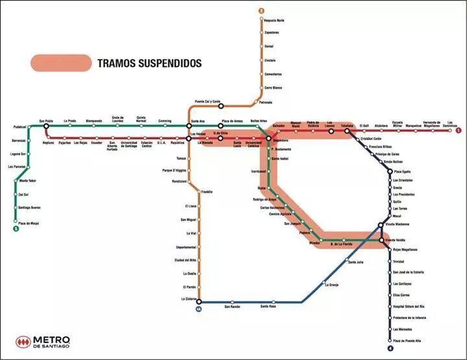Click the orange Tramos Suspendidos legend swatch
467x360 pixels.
click(61, 63)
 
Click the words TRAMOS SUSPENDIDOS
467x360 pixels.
click(149, 64)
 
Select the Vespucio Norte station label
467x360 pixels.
click(274, 21)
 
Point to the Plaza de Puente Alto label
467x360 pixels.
click(407, 341)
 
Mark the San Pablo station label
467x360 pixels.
click(45, 121)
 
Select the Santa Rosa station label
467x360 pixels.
click(268, 306)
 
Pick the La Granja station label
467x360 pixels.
click(331, 285)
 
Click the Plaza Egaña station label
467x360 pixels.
click(403, 171)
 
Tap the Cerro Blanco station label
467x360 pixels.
click(273, 88)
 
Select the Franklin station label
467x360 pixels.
click(207, 192)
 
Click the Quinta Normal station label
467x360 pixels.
click(141, 119)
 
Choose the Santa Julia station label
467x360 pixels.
click(356, 262)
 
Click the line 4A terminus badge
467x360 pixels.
click(198, 309)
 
